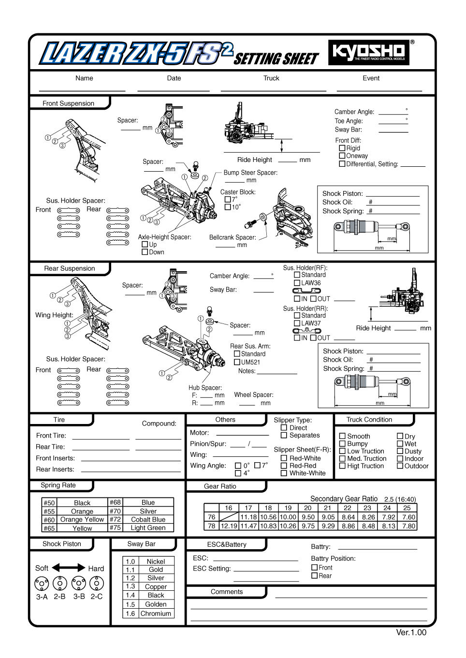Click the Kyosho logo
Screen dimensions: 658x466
(x=369, y=52)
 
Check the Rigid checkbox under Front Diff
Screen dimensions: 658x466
(x=342, y=148)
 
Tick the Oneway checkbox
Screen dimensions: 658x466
(x=342, y=156)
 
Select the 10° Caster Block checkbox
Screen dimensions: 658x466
(x=228, y=207)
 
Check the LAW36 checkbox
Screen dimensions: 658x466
(x=297, y=283)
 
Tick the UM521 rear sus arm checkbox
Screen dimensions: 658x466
(x=237, y=362)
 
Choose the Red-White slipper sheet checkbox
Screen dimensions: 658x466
(x=284, y=458)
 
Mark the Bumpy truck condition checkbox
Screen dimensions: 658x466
(x=342, y=443)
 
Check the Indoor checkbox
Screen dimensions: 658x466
(x=400, y=458)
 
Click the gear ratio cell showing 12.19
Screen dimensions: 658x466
(x=229, y=526)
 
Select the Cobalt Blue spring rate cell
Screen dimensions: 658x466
(x=148, y=520)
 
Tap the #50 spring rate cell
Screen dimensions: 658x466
(x=49, y=503)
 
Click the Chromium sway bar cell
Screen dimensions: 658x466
(x=156, y=614)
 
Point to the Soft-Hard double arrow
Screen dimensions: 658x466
(x=68, y=568)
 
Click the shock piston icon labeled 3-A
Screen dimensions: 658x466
(x=42, y=584)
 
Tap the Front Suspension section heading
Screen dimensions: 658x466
(x=69, y=103)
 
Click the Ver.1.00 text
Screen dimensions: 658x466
(x=411, y=632)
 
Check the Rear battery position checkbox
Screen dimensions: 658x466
(x=315, y=575)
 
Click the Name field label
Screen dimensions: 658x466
(x=84, y=78)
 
